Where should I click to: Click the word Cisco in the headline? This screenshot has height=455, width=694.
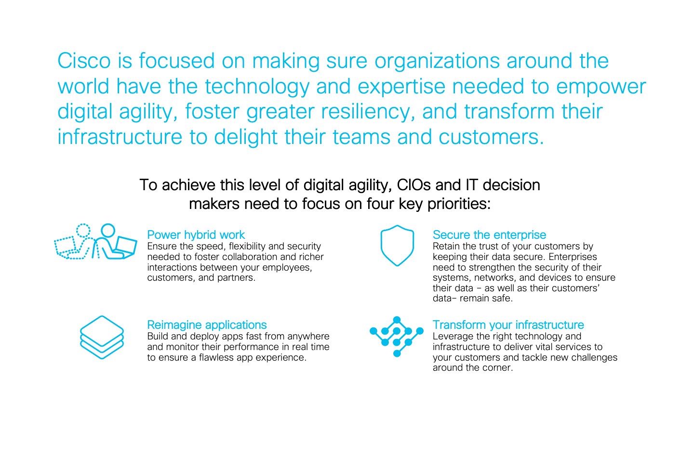(x=84, y=61)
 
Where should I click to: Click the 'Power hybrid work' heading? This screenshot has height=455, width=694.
(x=196, y=235)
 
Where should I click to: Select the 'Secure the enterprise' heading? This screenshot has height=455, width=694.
(x=489, y=235)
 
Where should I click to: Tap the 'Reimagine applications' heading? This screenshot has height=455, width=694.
(x=207, y=325)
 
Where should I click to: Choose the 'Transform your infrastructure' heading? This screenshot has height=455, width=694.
(x=508, y=325)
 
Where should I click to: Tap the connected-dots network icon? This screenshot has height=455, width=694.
(x=397, y=337)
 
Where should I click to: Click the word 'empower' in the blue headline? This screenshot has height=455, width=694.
(x=601, y=87)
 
